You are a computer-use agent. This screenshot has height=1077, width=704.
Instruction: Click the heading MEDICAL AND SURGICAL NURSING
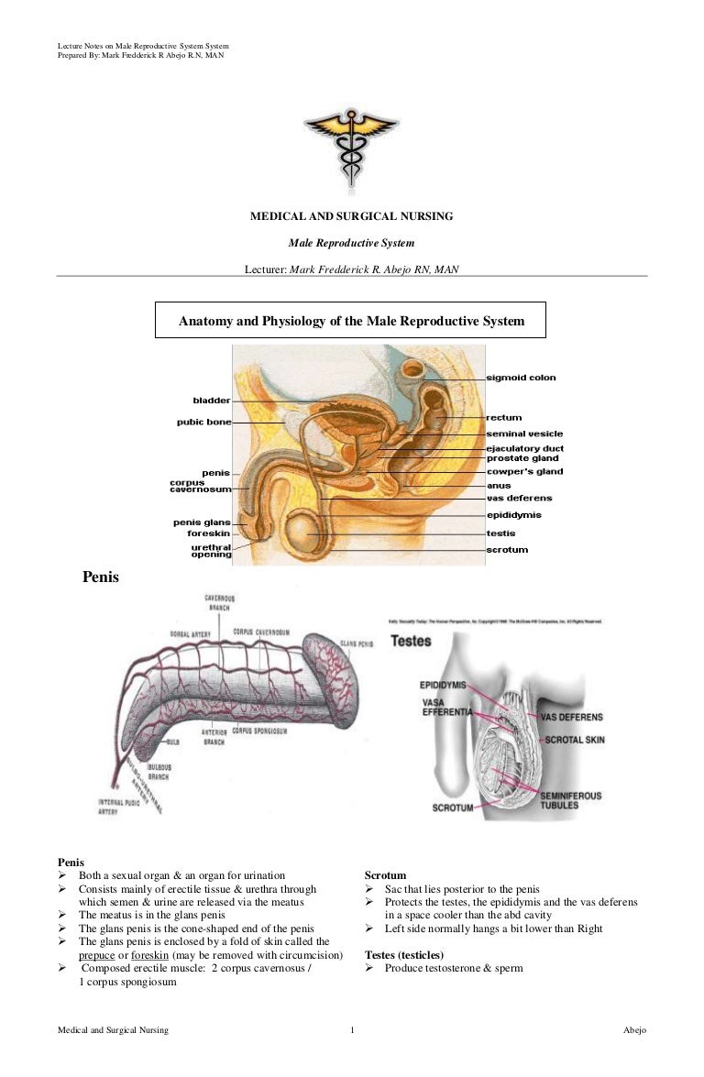pyautogui.click(x=352, y=216)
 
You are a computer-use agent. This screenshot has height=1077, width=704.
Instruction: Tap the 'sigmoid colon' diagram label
pyautogui.click(x=521, y=378)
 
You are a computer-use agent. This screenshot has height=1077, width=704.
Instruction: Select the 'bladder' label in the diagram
pyautogui.click(x=212, y=401)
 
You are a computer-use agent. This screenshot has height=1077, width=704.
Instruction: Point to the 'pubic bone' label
pyautogui.click(x=203, y=423)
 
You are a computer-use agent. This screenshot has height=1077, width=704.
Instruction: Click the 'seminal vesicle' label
pyautogui.click(x=524, y=434)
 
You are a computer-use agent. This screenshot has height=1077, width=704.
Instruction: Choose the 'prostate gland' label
pyautogui.click(x=522, y=458)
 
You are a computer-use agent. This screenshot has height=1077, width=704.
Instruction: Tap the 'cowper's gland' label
pyautogui.click(x=524, y=472)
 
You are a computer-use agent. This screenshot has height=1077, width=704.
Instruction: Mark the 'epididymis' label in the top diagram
pyautogui.click(x=513, y=515)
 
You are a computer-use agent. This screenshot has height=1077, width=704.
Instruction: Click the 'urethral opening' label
pyautogui.click(x=211, y=551)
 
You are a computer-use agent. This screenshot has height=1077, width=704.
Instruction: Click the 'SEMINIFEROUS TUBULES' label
pyautogui.click(x=571, y=801)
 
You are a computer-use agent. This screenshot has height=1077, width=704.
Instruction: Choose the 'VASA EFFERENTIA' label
pyautogui.click(x=447, y=707)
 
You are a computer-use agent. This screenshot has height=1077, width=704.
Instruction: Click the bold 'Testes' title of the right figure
pyautogui.click(x=411, y=642)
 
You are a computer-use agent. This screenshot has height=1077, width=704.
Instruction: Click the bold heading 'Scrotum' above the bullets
pyautogui.click(x=385, y=875)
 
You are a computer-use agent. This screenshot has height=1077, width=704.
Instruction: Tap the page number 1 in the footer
pyautogui.click(x=352, y=1031)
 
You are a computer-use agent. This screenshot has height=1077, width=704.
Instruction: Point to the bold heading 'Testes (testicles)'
pyautogui.click(x=404, y=955)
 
